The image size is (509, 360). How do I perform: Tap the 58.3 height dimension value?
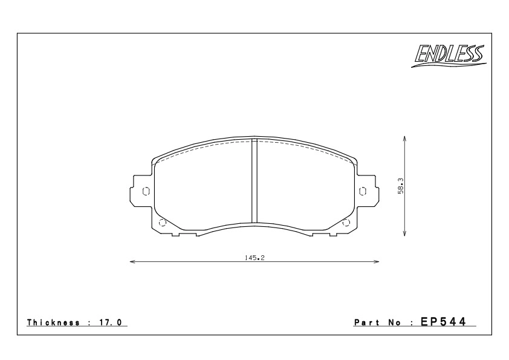(401, 186)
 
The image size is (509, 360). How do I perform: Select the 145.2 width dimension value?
(254, 258)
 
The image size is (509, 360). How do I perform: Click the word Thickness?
(54, 322)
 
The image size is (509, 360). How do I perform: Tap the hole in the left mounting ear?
(145, 191)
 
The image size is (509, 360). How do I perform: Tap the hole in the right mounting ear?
(363, 191)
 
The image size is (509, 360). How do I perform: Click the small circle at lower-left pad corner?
(161, 223)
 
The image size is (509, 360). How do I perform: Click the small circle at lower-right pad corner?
(346, 223)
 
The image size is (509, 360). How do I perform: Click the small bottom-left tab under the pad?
(175, 234)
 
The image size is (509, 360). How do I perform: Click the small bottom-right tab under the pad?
(332, 234)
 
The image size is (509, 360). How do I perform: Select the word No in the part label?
(395, 322)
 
